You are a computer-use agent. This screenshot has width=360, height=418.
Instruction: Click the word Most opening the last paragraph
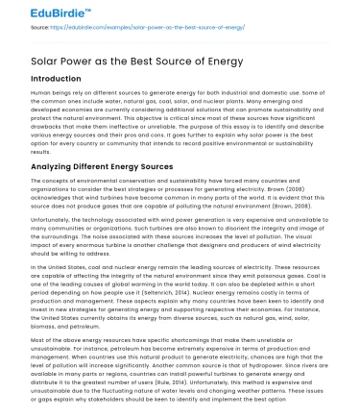pos(13,342)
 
